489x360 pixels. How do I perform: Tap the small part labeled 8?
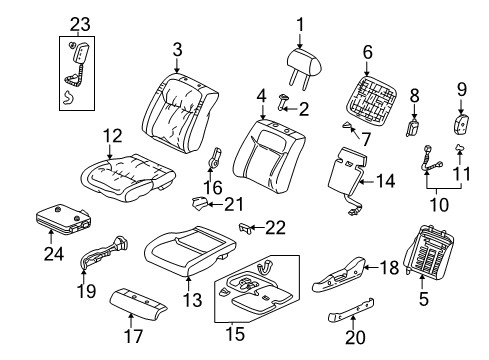pyautogui.click(x=415, y=130)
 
